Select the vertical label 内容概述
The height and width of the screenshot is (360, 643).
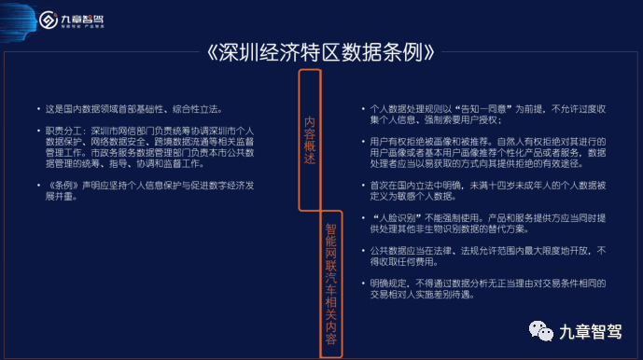tap(312, 140)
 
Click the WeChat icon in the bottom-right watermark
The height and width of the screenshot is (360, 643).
tap(538, 330)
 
